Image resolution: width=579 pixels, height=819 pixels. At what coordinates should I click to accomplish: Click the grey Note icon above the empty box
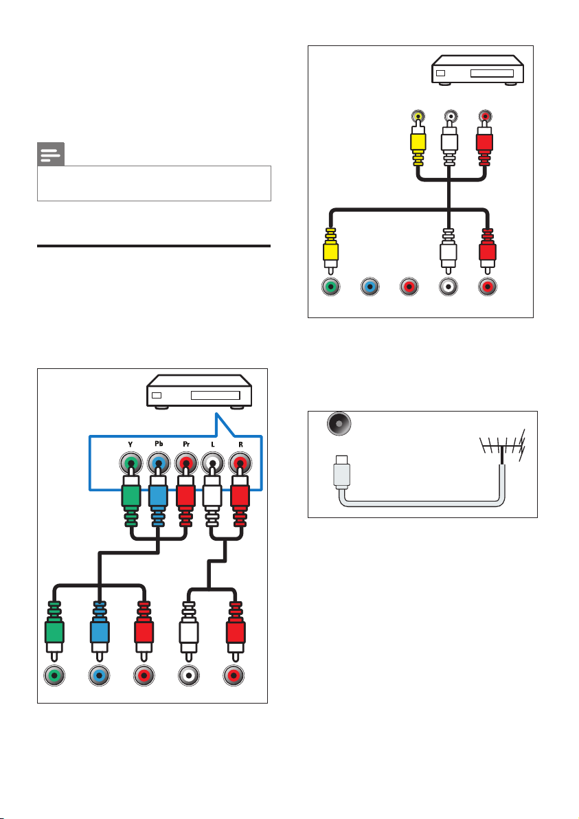[51, 154]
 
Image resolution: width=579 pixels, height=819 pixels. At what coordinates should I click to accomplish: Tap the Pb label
[159, 444]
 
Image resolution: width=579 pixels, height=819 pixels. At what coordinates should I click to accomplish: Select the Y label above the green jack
[130, 445]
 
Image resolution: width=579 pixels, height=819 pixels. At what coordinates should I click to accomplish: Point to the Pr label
[186, 445]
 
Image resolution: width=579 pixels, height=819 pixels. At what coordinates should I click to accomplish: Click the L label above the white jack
[212, 445]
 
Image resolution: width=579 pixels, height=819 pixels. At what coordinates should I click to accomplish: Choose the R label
[240, 445]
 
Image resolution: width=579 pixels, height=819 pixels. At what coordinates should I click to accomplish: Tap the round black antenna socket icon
[339, 424]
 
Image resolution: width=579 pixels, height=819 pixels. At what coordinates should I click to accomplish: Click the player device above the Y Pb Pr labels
[199, 391]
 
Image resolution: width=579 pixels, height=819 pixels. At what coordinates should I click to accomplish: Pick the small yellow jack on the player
[417, 116]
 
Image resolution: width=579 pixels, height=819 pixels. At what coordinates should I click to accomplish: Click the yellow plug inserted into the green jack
[330, 251]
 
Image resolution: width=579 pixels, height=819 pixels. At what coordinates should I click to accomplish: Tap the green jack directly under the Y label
[130, 463]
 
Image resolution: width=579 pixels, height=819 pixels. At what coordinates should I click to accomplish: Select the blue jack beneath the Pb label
[158, 463]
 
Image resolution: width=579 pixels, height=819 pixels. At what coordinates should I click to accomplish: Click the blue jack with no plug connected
[370, 287]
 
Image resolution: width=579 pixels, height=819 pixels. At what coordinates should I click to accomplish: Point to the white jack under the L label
[212, 463]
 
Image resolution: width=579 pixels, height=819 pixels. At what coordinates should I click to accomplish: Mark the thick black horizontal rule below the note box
[154, 245]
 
